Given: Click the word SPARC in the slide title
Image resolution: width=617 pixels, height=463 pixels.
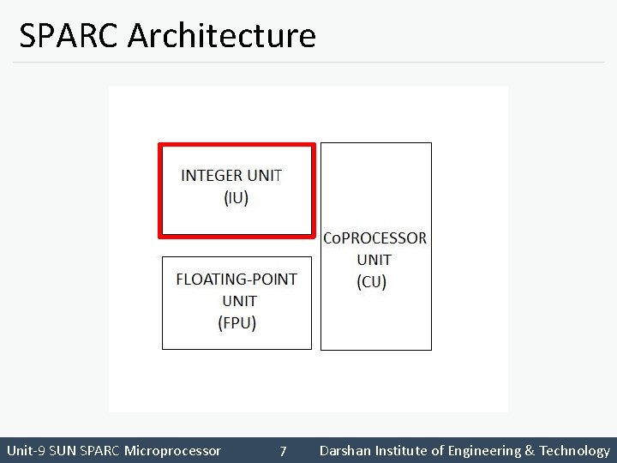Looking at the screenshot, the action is click(71, 36).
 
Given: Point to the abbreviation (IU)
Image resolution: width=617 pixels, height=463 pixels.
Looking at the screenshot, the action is click(236, 198).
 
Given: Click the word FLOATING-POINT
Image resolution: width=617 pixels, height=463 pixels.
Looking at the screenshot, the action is click(237, 279).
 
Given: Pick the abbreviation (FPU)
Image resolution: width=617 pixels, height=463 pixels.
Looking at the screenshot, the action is click(237, 322).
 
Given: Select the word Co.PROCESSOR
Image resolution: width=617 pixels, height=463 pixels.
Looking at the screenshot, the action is click(374, 238).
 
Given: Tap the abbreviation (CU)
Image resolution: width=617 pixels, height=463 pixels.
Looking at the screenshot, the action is click(372, 281).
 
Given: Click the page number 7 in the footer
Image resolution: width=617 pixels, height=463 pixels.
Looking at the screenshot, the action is click(283, 451).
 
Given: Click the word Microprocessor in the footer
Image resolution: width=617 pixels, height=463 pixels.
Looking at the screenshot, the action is click(172, 451).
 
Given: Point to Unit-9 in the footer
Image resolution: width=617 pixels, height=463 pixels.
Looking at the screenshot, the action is click(26, 451).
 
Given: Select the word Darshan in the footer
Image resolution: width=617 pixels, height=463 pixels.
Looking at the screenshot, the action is click(343, 451).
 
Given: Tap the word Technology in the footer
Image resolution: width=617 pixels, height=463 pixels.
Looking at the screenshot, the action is click(574, 451).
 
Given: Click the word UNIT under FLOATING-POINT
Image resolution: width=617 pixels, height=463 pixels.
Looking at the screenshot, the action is click(239, 301).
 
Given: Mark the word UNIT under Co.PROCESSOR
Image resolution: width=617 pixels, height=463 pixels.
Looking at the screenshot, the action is click(374, 260).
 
